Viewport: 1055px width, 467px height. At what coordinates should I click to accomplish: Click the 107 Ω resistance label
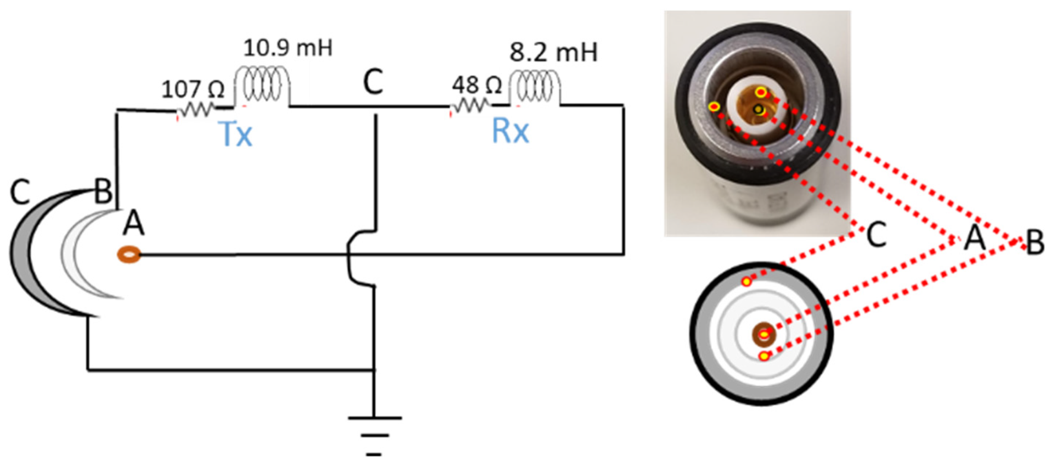pos(193,89)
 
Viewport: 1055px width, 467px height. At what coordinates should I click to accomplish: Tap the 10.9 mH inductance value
pos(288,48)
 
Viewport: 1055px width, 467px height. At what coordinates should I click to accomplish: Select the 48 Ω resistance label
pos(476,85)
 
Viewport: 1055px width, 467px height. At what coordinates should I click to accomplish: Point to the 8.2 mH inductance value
pos(553,52)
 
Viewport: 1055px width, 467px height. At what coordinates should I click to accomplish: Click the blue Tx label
pos(236,134)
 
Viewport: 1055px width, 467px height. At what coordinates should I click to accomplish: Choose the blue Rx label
pos(510,132)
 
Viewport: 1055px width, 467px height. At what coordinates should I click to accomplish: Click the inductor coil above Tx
pos(262,85)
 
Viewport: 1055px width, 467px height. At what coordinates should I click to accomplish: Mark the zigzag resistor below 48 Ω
pos(470,107)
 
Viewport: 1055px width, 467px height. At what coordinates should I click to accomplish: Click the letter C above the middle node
pos(373,82)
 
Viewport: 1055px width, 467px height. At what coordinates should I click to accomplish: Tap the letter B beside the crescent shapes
pos(103,191)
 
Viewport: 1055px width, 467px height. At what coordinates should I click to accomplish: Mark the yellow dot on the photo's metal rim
pos(714,107)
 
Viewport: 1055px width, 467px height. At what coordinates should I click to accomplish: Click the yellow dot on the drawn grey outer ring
pos(746,282)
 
